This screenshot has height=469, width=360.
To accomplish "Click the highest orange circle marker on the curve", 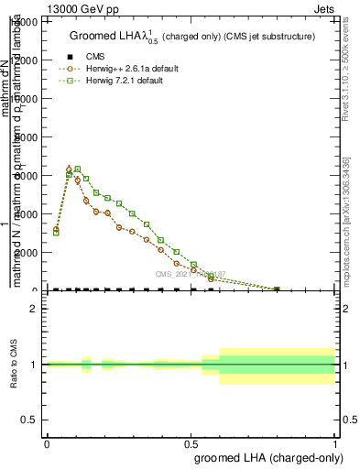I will click(70, 169).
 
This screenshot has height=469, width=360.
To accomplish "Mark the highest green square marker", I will click(78, 169).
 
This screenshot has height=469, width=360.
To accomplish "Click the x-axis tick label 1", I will click(335, 445).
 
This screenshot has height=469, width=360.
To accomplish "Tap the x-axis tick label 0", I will click(47, 445).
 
